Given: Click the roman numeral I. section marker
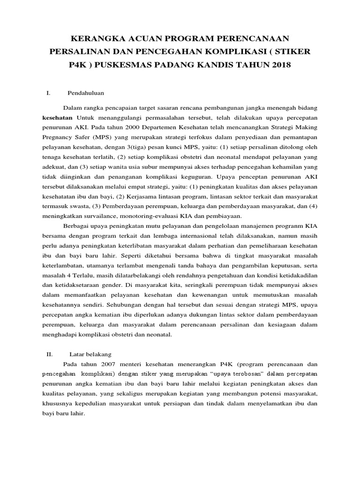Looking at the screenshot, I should click(48, 93).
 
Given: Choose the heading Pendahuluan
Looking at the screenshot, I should click(86, 93).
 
